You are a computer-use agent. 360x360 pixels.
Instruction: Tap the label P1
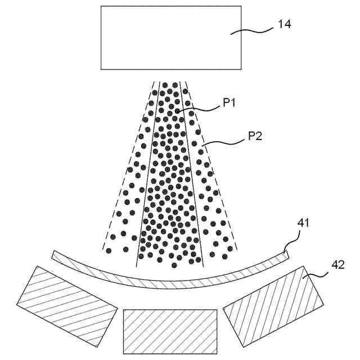click(231, 103)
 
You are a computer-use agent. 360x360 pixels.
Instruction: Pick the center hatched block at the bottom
click(170, 331)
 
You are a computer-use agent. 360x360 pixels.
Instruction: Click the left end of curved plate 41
click(55, 255)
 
